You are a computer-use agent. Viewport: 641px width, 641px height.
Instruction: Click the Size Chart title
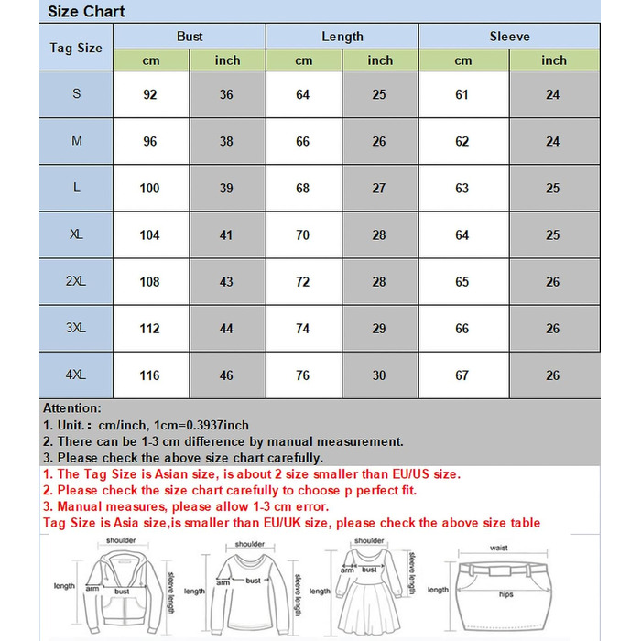86,12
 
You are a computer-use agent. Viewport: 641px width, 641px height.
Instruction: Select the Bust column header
190,37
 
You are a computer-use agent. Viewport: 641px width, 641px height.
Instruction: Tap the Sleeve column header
509,37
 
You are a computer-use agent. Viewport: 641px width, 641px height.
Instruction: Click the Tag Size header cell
76,48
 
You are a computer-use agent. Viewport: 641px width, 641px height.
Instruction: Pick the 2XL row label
76,282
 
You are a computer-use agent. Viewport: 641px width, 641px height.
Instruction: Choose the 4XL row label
76,375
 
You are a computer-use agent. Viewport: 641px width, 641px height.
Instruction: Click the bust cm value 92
149,95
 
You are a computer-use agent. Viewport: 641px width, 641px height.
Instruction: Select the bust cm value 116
149,375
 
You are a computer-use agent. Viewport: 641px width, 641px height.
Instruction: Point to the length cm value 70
303,235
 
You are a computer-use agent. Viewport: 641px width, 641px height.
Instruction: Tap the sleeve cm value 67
462,375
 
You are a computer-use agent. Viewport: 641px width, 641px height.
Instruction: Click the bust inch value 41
226,235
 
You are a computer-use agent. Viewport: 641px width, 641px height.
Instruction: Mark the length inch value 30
379,375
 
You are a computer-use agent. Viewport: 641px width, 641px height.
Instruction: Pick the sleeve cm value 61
462,95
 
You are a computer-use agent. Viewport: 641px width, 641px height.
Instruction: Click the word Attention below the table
72,408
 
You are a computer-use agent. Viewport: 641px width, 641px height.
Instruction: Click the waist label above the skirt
499,548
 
